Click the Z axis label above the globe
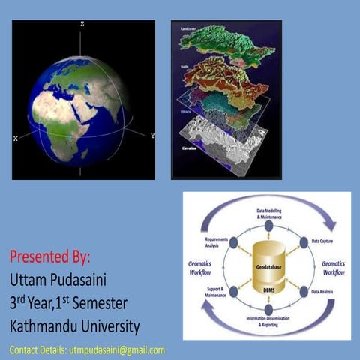point(82,25)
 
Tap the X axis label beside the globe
point(16,139)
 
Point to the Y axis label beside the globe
point(152,136)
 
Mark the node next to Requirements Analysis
point(234,241)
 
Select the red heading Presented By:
point(49,257)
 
